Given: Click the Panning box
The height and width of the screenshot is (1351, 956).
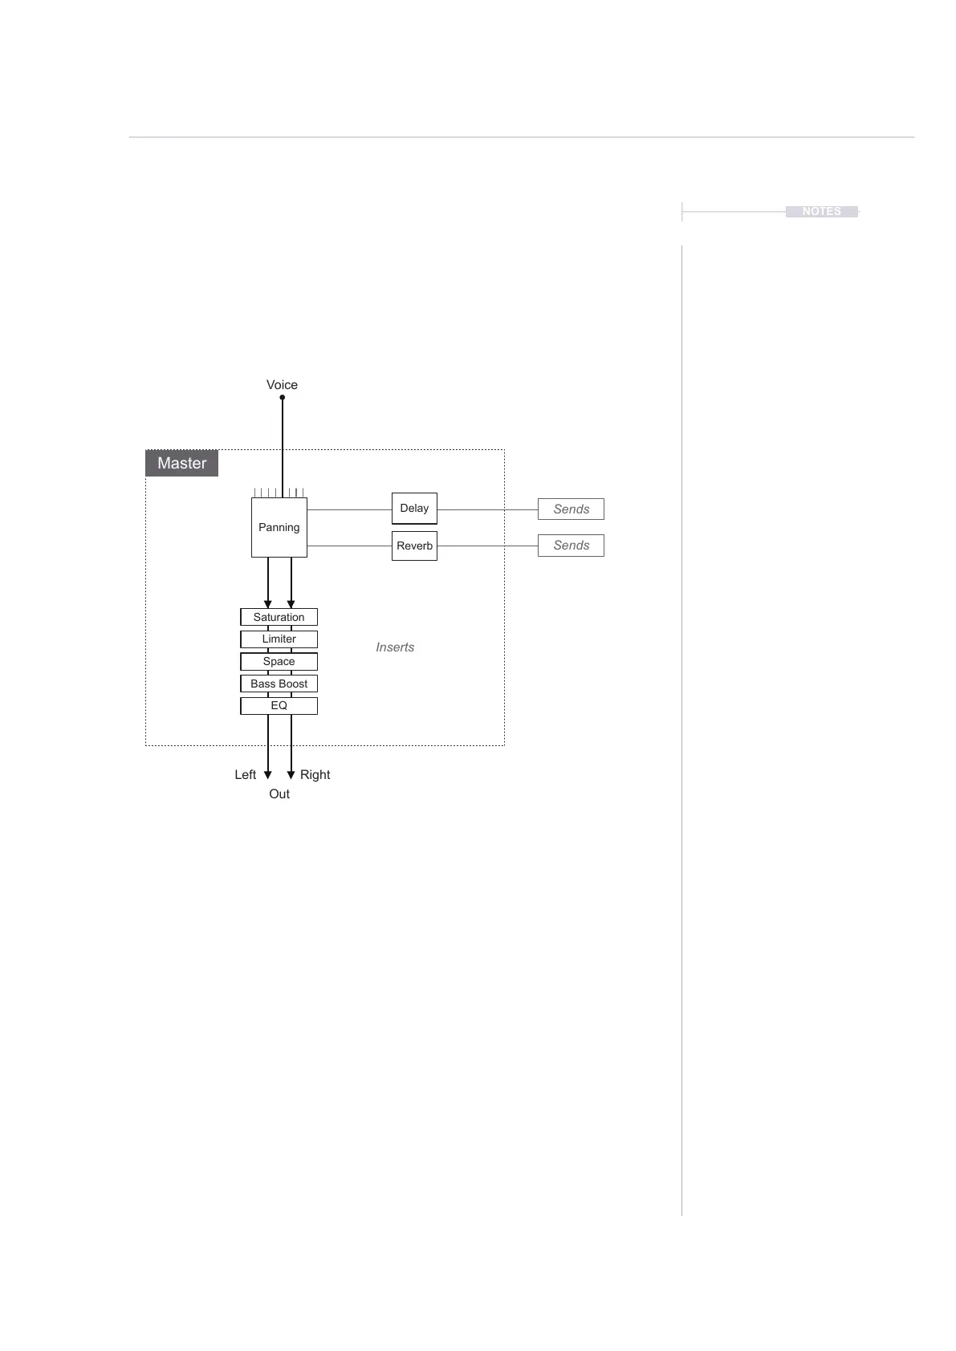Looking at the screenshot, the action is [279, 527].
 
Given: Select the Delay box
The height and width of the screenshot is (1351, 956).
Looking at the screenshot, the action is [414, 508].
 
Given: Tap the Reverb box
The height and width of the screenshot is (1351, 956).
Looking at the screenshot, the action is [414, 546].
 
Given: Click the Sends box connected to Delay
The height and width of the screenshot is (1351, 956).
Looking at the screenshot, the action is [571, 509].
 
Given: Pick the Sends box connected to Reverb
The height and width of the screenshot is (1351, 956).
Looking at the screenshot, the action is [571, 546].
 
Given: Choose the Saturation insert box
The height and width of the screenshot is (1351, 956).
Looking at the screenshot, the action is [279, 617].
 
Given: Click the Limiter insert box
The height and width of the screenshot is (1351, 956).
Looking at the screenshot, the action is [279, 639].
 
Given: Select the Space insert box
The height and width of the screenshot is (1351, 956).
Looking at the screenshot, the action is [279, 661].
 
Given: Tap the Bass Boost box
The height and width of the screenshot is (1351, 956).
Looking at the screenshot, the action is [279, 684].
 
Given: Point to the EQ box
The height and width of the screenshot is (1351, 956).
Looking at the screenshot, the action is [279, 705].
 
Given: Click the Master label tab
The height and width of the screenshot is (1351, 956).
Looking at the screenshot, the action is [182, 463].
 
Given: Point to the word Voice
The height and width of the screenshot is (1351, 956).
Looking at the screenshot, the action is [282, 385].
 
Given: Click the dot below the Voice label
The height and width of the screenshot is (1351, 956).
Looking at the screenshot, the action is [283, 397].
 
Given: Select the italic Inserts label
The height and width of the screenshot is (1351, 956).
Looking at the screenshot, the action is [395, 647].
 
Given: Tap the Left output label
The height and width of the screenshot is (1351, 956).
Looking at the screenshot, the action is [245, 774].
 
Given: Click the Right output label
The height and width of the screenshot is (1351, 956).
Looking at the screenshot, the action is [315, 774].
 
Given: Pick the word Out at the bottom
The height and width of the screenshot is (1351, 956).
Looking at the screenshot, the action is [279, 793].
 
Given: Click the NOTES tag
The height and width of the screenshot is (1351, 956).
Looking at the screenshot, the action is [821, 211].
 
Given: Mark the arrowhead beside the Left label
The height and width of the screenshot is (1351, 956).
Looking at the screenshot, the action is [268, 775].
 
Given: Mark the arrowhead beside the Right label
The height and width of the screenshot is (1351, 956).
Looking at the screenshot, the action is [291, 775].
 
